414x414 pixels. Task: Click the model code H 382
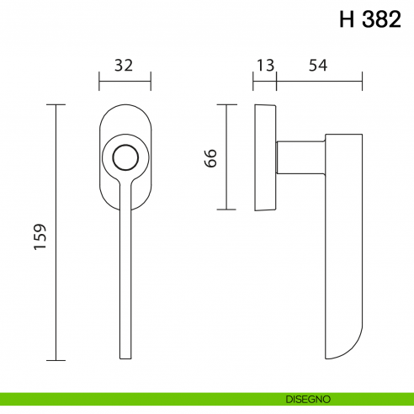click(370, 19)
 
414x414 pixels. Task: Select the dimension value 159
click(40, 237)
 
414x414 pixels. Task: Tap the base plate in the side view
click(264, 157)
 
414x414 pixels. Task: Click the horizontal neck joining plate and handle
click(299, 157)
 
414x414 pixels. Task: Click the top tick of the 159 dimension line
click(56, 104)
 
